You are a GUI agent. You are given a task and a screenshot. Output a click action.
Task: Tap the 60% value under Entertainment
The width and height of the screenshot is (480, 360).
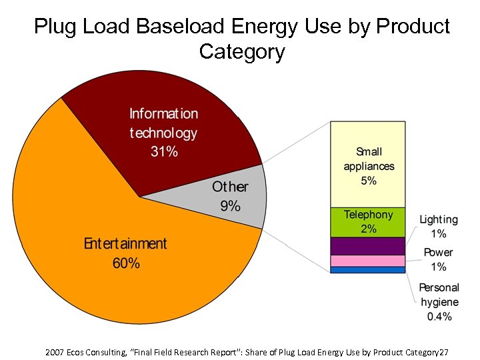coord(126,263)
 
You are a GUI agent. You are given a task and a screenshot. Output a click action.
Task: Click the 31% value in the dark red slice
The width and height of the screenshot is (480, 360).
coord(163,151)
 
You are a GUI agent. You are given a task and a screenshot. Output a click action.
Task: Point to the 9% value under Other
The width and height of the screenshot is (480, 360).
coord(230,206)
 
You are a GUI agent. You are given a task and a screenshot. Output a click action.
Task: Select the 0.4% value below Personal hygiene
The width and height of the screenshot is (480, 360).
coord(439,317)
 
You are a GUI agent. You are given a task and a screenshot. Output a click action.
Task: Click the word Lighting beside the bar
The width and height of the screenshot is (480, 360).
coord(439,219)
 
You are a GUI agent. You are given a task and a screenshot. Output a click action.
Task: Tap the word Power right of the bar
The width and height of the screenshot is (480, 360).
coord(438,253)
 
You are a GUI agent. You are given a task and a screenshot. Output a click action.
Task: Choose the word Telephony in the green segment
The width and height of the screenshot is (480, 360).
coord(368,215)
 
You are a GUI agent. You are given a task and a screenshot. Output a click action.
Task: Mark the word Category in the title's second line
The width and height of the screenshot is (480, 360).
coord(241,52)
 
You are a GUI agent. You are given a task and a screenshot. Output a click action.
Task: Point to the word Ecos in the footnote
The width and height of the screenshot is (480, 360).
coord(80,351)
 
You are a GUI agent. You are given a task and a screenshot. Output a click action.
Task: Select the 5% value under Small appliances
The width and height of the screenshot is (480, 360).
coord(369,181)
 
